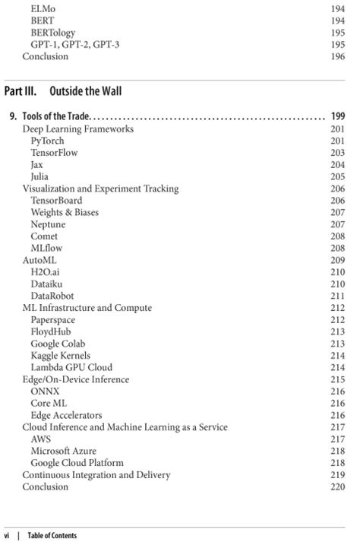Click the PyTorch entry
(47, 141)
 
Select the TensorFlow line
(54, 153)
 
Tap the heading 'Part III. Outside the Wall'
(65, 91)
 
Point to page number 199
(338, 116)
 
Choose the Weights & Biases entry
(65, 212)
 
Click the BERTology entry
(53, 33)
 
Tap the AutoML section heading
(39, 260)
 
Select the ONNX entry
(45, 391)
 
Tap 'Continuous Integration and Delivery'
(96, 474)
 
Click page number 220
(338, 487)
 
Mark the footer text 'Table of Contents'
(52, 536)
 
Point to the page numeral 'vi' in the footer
(8, 536)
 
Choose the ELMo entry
(43, 9)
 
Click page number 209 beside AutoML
(338, 260)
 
